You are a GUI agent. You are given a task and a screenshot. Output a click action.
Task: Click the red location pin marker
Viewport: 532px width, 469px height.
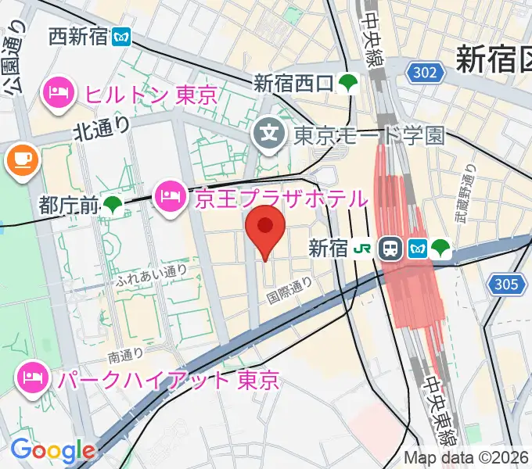tap(265, 227)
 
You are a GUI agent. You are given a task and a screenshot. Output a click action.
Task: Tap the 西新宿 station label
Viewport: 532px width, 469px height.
tap(77, 36)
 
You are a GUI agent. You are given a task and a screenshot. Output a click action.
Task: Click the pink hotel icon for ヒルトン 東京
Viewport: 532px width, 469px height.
tap(59, 94)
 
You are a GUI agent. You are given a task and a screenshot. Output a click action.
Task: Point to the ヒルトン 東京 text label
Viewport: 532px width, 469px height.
tap(150, 95)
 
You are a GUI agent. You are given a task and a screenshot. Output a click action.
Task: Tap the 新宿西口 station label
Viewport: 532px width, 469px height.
tap(293, 82)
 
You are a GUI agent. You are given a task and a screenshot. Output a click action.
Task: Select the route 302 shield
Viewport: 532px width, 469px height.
tap(426, 73)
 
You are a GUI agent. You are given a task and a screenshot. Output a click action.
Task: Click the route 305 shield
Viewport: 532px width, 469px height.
tap(506, 285)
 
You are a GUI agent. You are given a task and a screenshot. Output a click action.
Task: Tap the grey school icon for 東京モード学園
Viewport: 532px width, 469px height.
tap(271, 135)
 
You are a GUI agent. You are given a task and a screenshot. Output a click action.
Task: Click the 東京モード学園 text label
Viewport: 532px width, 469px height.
tap(368, 135)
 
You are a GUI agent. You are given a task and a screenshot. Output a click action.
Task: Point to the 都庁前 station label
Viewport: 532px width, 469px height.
tap(69, 206)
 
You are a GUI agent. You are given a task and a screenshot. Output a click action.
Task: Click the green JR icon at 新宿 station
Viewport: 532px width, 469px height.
tap(364, 249)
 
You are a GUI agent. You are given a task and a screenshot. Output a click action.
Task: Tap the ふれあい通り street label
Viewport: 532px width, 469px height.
tap(151, 273)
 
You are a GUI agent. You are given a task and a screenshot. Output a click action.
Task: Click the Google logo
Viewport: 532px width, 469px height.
tap(52, 450)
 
